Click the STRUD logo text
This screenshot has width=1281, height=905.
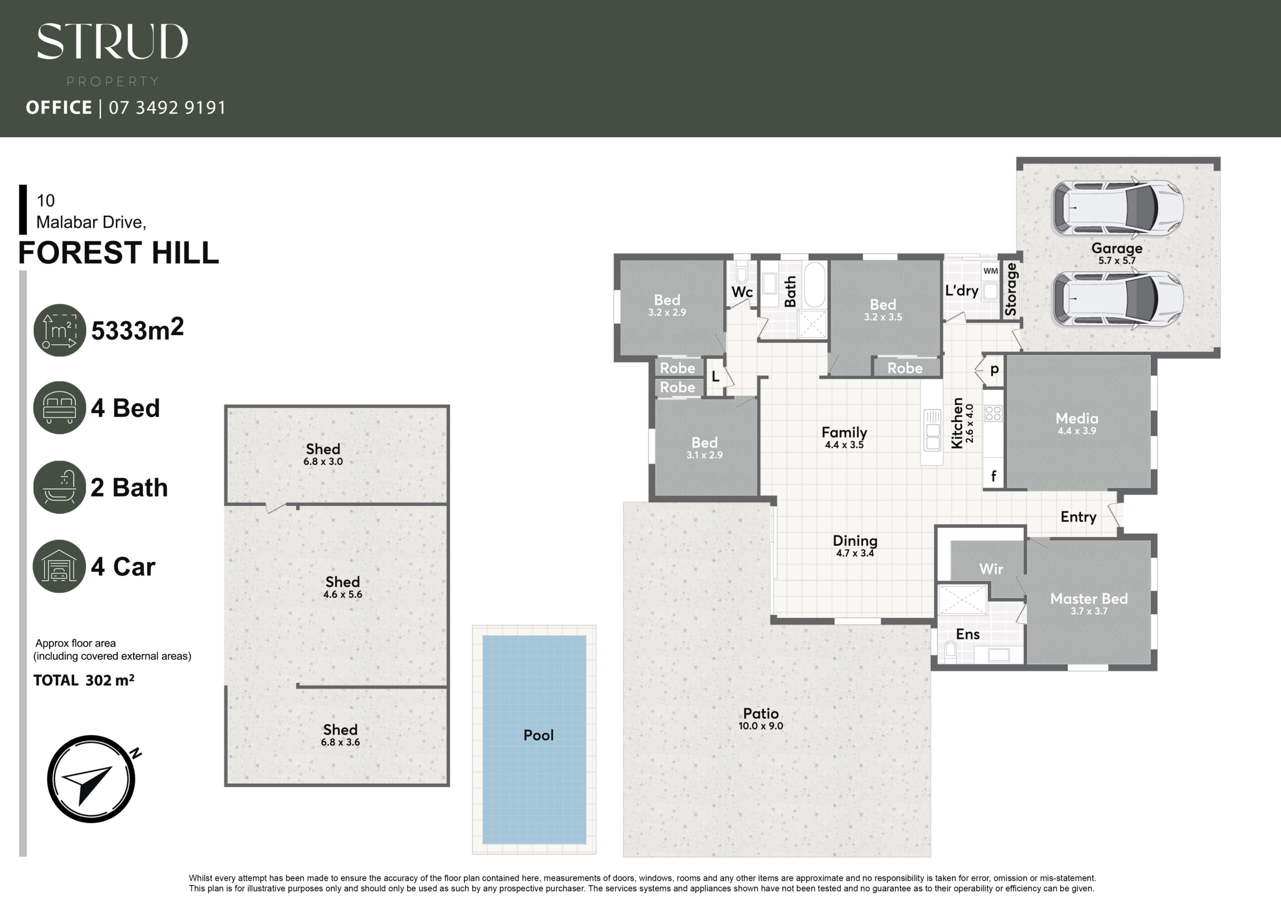pos(112,41)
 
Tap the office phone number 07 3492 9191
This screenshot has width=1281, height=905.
pos(167,107)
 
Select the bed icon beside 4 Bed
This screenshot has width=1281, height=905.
pos(59,407)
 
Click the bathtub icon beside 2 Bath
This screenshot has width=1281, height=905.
pos(59,487)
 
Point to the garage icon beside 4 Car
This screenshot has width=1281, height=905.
pos(59,566)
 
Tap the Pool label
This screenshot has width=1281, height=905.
pos(538,735)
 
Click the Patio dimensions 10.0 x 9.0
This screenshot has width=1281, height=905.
pos(761,726)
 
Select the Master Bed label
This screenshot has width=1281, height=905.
pos(1088,598)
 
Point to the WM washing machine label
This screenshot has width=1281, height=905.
pos(991,271)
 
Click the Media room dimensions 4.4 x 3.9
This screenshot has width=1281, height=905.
pos(1077,430)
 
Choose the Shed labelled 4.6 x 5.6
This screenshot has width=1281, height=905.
pos(343,587)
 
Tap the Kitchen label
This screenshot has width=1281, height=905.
pos(957,422)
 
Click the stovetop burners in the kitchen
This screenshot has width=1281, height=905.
pos(994,413)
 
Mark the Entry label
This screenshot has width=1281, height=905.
pos(1078,517)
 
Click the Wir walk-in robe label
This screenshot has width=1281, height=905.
pos(991,569)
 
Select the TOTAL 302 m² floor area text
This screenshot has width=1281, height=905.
pos(84,679)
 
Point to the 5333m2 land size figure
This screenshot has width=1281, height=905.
pos(137,329)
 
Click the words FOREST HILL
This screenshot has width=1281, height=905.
pos(118,252)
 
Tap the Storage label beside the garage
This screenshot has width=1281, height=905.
pos(1010,289)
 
